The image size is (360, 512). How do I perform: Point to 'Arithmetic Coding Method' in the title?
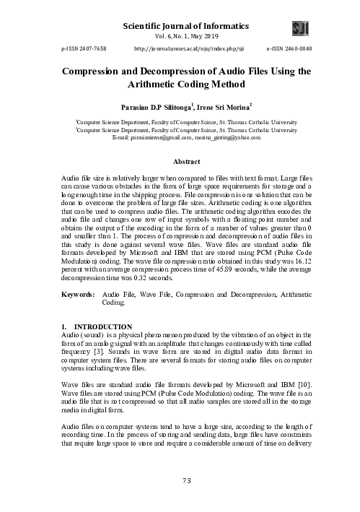[x=180, y=84]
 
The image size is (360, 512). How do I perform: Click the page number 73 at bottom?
[x=180, y=481]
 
